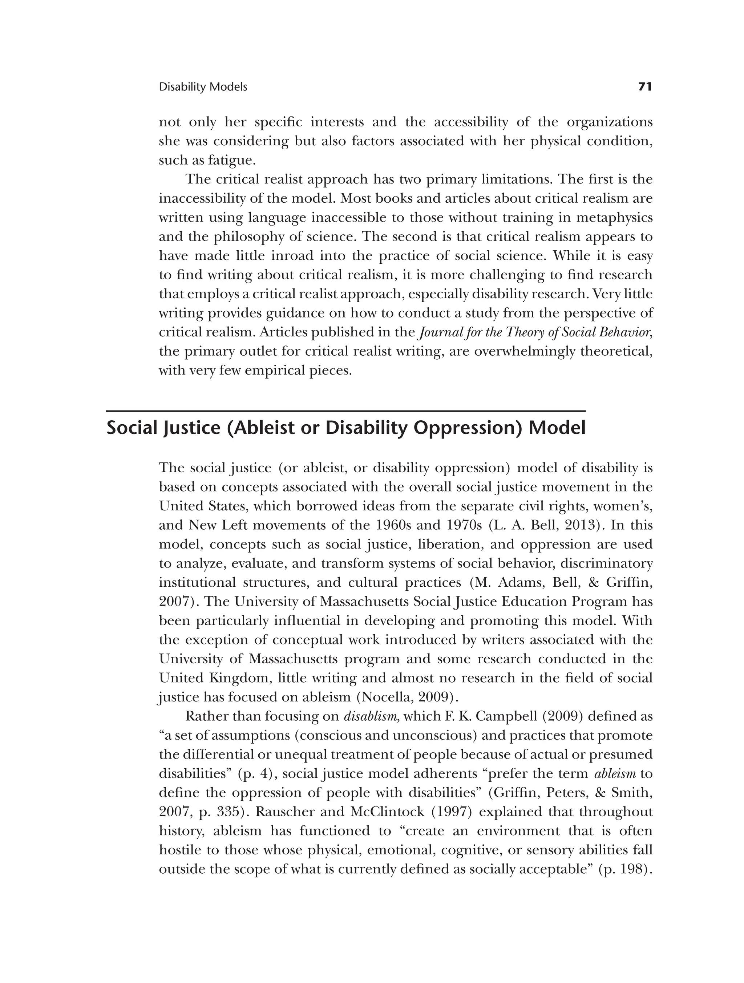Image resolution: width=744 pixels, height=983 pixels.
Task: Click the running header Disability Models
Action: point(203,87)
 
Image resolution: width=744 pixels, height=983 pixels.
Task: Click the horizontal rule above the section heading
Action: point(346,412)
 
